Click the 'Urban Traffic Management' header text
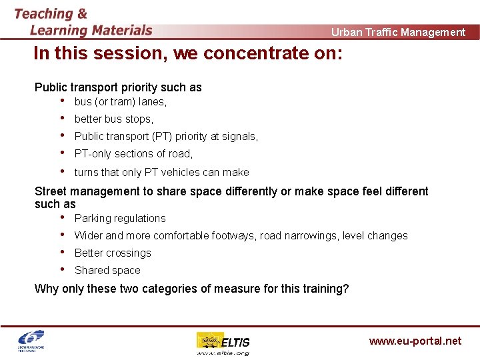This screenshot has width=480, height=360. pyautogui.click(x=398, y=32)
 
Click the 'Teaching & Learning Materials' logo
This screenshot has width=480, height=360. pyautogui.click(x=83, y=22)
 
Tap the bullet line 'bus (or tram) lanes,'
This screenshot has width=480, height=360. pyautogui.click(x=121, y=102)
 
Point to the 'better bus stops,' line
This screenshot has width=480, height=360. pyautogui.click(x=114, y=119)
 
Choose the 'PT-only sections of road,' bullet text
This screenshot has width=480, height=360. pyautogui.click(x=133, y=154)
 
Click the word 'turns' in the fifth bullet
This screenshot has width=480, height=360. pyautogui.click(x=86, y=172)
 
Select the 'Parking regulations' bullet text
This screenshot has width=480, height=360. pyautogui.click(x=120, y=218)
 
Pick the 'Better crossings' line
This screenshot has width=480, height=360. pyautogui.click(x=113, y=253)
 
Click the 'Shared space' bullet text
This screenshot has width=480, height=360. pyautogui.click(x=107, y=270)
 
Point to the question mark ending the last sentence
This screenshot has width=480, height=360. pyautogui.click(x=345, y=289)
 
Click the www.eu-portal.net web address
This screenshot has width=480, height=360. pyautogui.click(x=415, y=341)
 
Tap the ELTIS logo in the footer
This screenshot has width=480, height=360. pyautogui.click(x=223, y=343)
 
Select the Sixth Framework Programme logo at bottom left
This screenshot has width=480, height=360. pyautogui.click(x=32, y=341)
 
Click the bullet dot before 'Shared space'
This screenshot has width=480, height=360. pyautogui.click(x=62, y=269)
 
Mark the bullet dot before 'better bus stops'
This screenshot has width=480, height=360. pyautogui.click(x=62, y=119)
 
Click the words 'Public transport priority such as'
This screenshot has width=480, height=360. pyautogui.click(x=118, y=87)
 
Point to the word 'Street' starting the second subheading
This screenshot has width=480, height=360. pyautogui.click(x=51, y=191)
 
